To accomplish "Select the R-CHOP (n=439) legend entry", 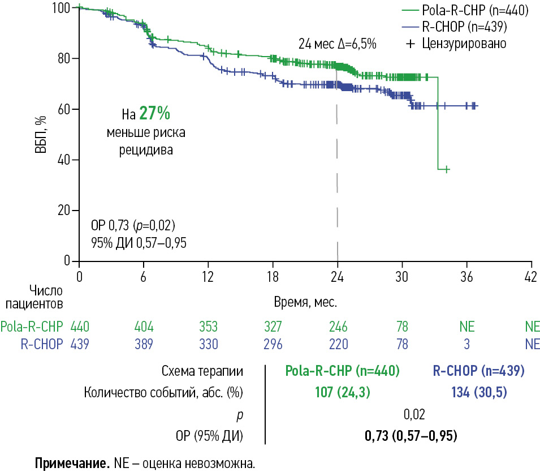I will [464, 26].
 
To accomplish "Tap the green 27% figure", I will [155, 114].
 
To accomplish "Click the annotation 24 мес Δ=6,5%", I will [338, 43].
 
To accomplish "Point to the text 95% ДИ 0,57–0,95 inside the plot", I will [139, 243].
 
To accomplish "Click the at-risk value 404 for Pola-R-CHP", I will [144, 327].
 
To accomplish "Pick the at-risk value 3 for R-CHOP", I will [466, 344].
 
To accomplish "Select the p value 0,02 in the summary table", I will [414, 415].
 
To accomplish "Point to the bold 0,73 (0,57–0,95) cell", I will [411, 436].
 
